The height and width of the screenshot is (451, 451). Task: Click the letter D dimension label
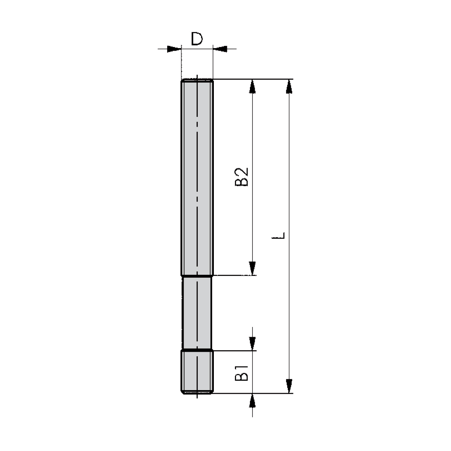[x=197, y=39]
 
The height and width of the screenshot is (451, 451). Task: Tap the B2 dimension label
[x=241, y=177]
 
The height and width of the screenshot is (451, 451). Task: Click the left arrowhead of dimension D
[x=174, y=49]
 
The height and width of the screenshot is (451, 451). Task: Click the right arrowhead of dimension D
[x=220, y=49]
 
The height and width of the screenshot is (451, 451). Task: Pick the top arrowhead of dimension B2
[x=252, y=86]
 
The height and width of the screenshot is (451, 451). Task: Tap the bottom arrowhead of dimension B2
[x=252, y=268]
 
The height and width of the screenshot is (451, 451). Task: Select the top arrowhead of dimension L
[x=289, y=86]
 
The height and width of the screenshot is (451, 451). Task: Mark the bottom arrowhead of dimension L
[x=289, y=386]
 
